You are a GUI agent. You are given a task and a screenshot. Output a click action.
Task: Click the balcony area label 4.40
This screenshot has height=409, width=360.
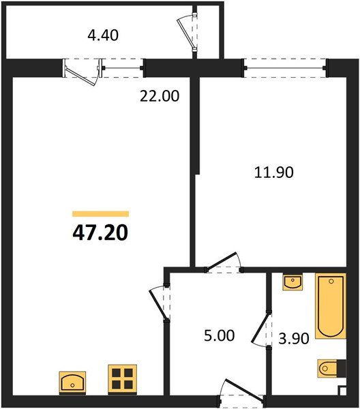click(104, 34)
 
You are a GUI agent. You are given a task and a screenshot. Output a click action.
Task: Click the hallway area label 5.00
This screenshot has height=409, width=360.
click(219, 336)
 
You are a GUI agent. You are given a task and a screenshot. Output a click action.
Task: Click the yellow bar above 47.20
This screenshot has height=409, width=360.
click(100, 213)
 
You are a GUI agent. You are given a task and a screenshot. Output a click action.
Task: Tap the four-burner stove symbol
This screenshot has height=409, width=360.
click(122, 378)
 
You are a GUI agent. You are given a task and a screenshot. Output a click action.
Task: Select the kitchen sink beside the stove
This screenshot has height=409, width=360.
click(73, 381)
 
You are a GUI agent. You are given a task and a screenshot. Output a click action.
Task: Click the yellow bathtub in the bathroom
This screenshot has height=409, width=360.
click(331, 306)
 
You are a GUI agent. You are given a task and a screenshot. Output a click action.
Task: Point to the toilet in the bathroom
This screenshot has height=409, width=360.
click(330, 369)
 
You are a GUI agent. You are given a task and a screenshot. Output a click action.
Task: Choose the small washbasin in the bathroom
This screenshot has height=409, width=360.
click(292, 282)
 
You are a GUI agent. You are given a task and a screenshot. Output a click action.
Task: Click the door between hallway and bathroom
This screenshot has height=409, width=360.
click(261, 330)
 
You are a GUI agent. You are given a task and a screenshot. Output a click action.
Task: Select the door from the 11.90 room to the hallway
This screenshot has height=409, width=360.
click(226, 262)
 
